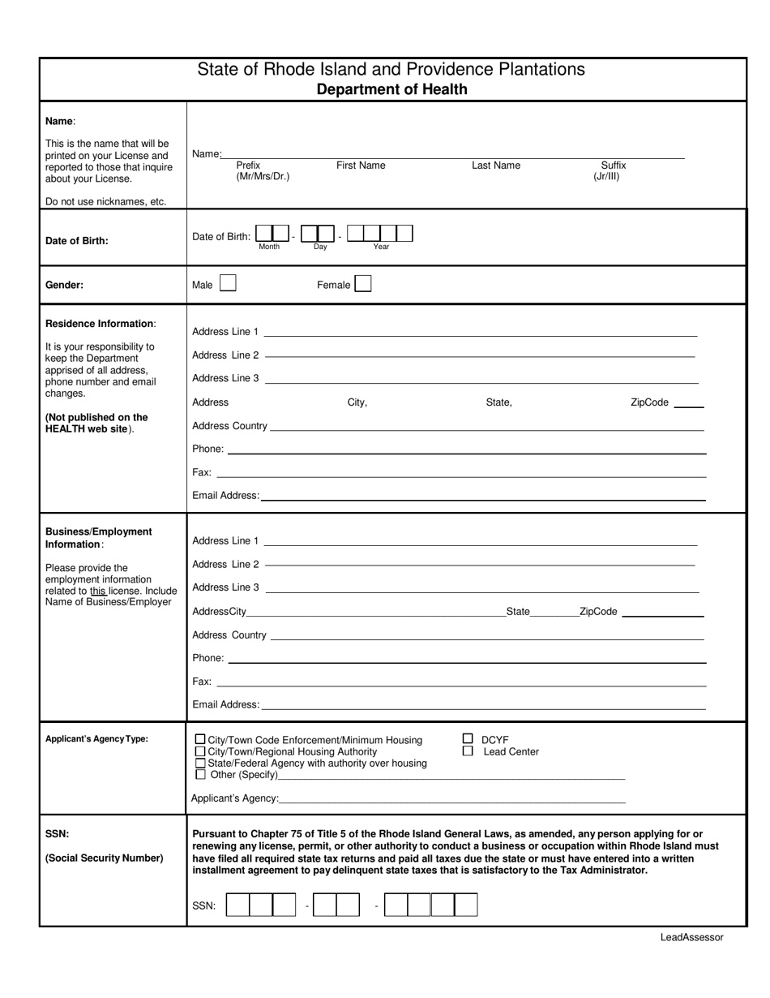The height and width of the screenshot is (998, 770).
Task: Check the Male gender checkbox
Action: point(229,284)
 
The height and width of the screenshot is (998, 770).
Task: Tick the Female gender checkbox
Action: point(363,284)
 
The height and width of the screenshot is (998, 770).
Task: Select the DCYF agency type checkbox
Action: point(468,739)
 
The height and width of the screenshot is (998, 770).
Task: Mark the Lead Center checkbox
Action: point(468,751)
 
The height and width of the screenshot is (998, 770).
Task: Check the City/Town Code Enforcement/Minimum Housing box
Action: point(200,740)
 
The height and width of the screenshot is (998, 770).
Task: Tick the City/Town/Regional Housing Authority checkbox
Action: point(200,751)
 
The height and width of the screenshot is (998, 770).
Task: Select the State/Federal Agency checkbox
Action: point(200,764)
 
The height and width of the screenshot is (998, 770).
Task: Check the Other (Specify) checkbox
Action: point(200,775)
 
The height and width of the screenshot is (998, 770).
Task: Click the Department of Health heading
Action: point(391,89)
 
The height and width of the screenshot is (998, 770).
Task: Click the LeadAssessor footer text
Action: point(691,937)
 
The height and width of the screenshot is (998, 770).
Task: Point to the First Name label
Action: point(361,166)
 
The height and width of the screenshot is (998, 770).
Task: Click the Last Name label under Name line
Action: point(496,166)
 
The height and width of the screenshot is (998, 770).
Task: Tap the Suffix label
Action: point(613,166)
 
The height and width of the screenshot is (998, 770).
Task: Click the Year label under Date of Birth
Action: point(381,247)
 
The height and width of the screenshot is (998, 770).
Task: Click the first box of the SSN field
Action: point(237,905)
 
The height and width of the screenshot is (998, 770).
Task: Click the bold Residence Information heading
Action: point(99,324)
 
